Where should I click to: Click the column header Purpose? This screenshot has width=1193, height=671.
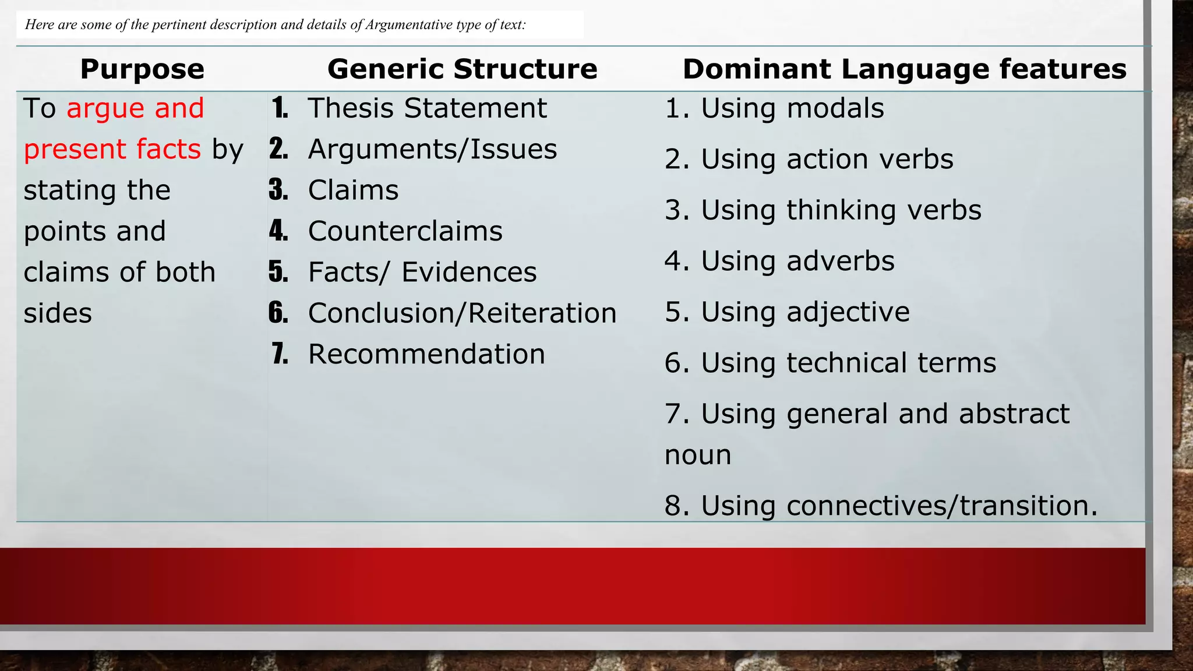pos(142,69)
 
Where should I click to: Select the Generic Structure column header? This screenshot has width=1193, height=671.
pos(462,69)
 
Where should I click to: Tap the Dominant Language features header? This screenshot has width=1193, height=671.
pos(904,69)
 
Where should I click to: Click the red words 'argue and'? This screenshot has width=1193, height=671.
pos(135,108)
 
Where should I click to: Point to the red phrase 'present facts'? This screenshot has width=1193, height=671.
pos(112,149)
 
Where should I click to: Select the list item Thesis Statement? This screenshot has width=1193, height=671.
pos(427,108)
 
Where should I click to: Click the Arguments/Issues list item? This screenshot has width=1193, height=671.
pos(432,149)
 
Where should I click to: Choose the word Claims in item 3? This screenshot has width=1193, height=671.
pos(353,190)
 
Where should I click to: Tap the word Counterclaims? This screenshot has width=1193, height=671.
pos(405,231)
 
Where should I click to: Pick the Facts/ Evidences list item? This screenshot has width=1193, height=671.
pos(422,272)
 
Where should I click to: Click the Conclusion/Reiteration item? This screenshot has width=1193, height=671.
pos(462,313)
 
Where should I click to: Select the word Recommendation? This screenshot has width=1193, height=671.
pos(426,354)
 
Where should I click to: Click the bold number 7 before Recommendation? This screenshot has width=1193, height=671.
pos(280,354)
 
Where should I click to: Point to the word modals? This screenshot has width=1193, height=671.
pos(835,108)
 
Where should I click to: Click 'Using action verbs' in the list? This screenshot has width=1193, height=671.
pos(827,160)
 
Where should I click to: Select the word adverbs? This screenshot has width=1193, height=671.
pos(840,261)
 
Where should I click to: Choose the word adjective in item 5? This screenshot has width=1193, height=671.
pos(848,312)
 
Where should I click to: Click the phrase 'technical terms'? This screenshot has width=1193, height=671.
pos(891,363)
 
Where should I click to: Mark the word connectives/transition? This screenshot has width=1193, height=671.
pos(941,506)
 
